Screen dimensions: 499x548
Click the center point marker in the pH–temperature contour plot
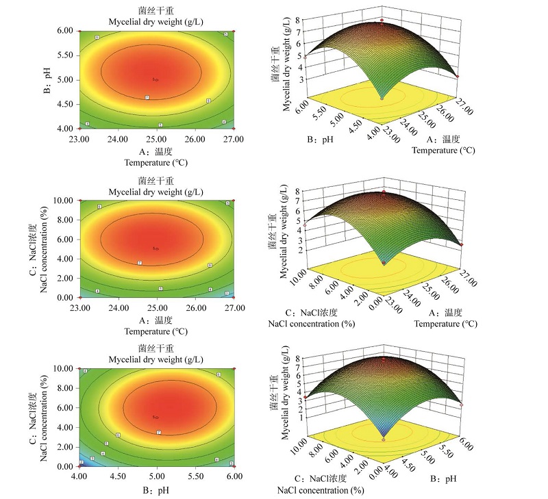point(156,79)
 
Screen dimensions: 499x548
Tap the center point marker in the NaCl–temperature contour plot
point(156,248)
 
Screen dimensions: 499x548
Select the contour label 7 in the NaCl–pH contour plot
point(158,432)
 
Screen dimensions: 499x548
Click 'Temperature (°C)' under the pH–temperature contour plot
point(156,163)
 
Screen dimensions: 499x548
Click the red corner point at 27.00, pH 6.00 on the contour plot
point(234,31)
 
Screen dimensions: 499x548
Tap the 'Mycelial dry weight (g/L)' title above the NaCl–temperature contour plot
point(156,191)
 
